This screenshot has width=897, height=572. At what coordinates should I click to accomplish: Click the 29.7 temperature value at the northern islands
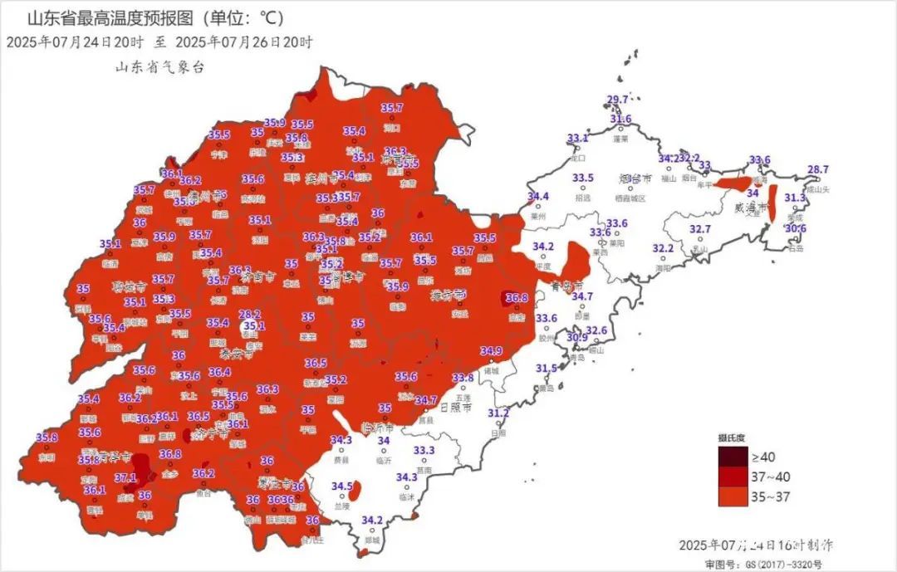coord(617,100)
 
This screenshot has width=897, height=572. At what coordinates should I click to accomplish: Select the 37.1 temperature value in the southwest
coord(125,478)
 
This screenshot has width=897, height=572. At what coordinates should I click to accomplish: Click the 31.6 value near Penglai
coord(621,120)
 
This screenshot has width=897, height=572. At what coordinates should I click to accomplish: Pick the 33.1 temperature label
coord(577,138)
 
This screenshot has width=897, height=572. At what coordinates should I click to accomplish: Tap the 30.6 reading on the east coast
coord(796,228)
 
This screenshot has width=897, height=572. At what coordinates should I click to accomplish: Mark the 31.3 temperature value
coord(795,198)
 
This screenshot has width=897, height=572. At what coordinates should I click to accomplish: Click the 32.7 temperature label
coord(700,229)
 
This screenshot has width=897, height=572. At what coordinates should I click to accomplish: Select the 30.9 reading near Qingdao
coord(577,337)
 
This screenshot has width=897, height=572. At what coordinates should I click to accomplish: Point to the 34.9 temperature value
coord(491,351)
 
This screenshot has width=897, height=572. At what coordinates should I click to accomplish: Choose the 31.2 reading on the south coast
coord(498,413)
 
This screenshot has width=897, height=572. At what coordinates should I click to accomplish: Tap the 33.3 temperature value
coord(424,451)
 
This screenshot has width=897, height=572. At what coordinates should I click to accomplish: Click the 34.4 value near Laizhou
coord(538,197)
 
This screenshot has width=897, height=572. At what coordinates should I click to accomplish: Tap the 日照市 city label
coord(454,408)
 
